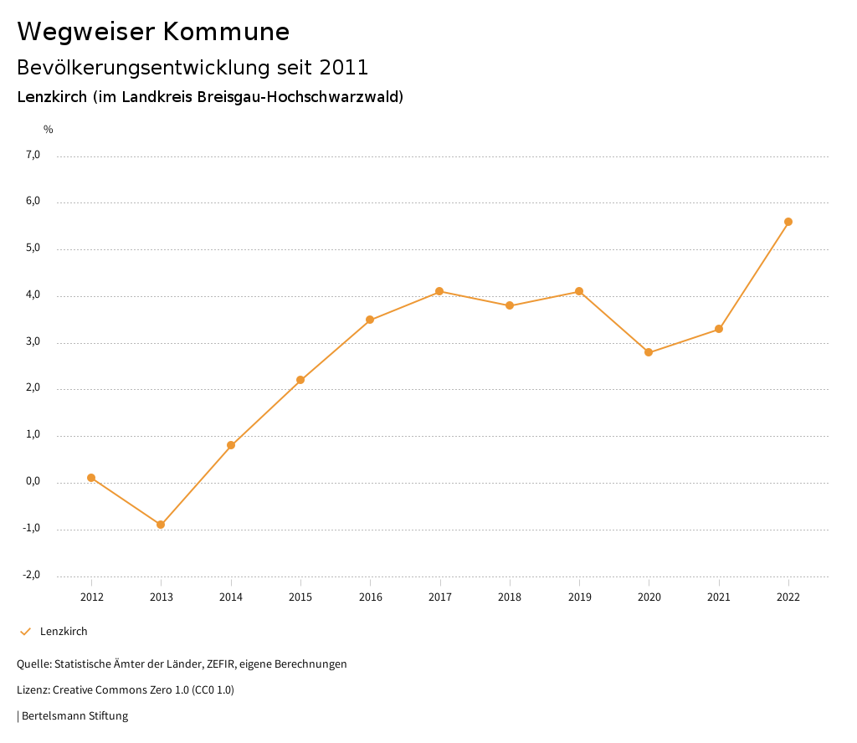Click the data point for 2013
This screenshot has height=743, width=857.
click(x=161, y=525)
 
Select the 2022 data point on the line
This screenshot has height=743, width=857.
click(x=788, y=222)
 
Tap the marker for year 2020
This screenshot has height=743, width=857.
click(x=649, y=352)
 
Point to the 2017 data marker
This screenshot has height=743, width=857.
click(x=439, y=291)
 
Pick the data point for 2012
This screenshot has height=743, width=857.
click(x=91, y=478)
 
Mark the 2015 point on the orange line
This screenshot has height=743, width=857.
click(x=300, y=380)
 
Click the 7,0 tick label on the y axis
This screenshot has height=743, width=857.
click(x=33, y=155)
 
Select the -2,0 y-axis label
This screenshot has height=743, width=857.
click(x=32, y=575)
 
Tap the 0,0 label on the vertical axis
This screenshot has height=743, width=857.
click(x=33, y=482)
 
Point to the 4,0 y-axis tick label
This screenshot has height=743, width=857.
click(x=33, y=295)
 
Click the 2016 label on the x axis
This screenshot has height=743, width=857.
click(x=370, y=597)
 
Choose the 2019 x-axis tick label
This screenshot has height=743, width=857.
click(x=579, y=597)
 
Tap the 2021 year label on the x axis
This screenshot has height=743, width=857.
click(x=719, y=597)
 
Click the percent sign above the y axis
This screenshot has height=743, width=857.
click(x=49, y=130)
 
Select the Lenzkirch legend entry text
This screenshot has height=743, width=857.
click(x=64, y=632)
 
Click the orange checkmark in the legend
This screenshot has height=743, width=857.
click(x=25, y=632)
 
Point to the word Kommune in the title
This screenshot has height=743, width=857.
click(x=226, y=32)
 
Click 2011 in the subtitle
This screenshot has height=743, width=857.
click(x=344, y=67)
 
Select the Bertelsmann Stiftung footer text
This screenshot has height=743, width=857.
click(x=74, y=716)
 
